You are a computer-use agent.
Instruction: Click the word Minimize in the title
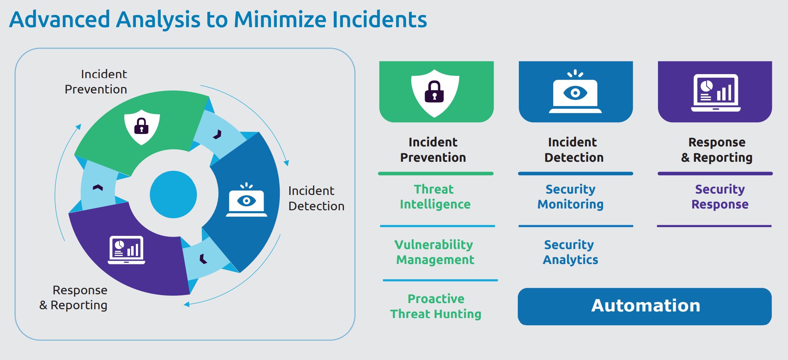click(x=280, y=19)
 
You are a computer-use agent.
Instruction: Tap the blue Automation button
click(x=644, y=306)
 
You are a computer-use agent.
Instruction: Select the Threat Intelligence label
click(x=435, y=197)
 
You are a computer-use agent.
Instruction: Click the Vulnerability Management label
click(x=435, y=252)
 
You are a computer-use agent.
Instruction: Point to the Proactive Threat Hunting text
click(x=436, y=306)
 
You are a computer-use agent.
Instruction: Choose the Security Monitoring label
click(x=570, y=197)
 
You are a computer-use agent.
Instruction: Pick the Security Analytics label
click(x=570, y=252)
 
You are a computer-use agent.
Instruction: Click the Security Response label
click(x=720, y=197)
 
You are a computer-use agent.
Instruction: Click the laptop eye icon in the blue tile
click(x=575, y=91)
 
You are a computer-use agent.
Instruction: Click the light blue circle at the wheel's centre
click(x=173, y=194)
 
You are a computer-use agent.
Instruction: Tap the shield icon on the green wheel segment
click(x=142, y=127)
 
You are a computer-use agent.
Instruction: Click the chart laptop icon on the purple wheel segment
click(x=126, y=250)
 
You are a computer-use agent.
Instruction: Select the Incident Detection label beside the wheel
click(x=316, y=198)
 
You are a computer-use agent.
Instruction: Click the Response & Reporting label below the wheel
click(x=73, y=298)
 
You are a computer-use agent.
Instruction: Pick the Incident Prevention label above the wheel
click(x=96, y=82)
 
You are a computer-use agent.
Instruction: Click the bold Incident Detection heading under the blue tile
click(x=574, y=150)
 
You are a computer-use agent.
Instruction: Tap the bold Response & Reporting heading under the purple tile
click(x=717, y=150)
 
